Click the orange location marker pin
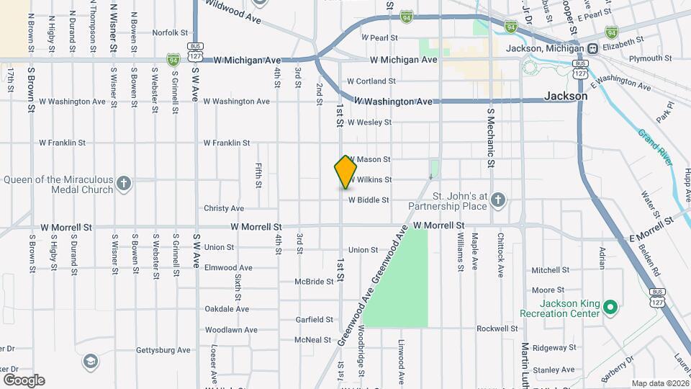345,172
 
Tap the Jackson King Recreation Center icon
610,308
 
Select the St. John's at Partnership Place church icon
499,200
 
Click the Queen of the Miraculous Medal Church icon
124,183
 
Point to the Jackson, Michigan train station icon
592,48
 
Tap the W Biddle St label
369,200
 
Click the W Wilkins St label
371,179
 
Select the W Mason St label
370,159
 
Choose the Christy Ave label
224,208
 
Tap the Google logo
24,380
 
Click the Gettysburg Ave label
163,350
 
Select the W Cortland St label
381,81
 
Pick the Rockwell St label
497,328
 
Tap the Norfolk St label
170,32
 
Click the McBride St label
314,282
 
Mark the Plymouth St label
649,58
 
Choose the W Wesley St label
370,122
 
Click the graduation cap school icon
91,360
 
